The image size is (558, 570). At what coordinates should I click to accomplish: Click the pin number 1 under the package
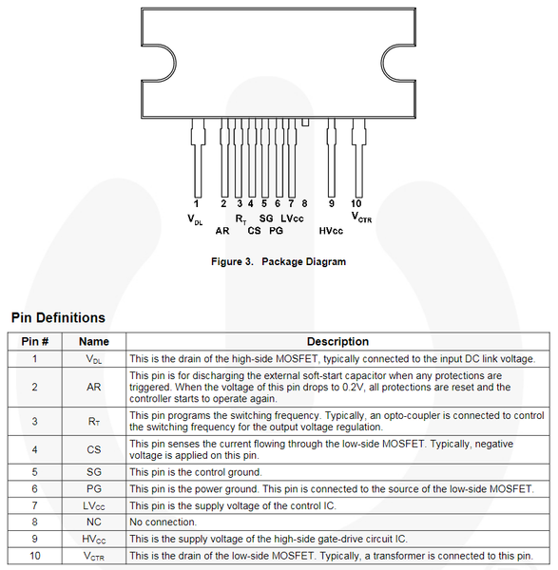[x=196, y=203]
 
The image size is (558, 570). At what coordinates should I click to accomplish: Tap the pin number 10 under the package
[x=356, y=203]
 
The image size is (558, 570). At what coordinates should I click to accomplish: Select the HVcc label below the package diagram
[x=331, y=231]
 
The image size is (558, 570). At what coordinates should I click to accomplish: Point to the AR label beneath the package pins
[x=222, y=231]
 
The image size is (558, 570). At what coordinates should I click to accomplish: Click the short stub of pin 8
[x=305, y=123]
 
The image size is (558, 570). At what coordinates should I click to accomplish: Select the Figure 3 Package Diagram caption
[x=279, y=262]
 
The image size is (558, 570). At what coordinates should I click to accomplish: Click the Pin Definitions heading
[x=58, y=317]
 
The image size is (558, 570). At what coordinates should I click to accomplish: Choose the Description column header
[x=337, y=342]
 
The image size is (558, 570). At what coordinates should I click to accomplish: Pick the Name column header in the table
[x=94, y=342]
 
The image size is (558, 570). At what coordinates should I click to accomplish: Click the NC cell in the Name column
[x=94, y=522]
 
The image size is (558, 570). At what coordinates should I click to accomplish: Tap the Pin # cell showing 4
[x=34, y=449]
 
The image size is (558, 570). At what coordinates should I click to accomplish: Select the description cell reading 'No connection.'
[x=163, y=522]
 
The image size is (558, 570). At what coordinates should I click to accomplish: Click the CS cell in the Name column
[x=94, y=449]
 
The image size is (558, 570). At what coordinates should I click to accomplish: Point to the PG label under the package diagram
[x=276, y=231]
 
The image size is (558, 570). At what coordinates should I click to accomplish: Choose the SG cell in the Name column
[x=94, y=472]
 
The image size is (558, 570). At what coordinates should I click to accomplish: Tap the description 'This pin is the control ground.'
[x=196, y=472]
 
